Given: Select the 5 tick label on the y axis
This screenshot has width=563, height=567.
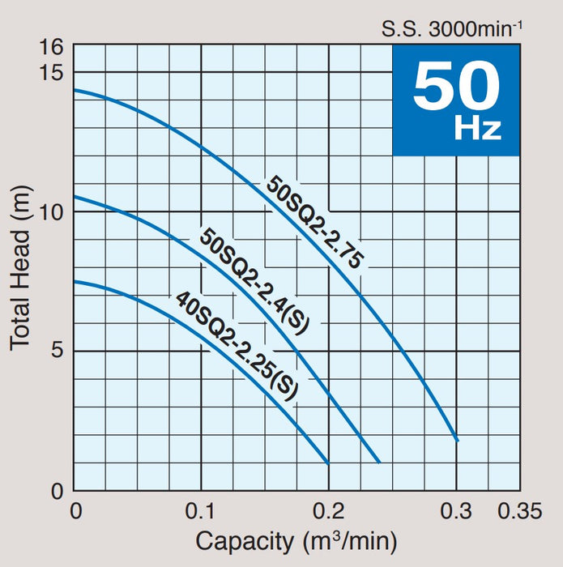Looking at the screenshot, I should click(57, 351).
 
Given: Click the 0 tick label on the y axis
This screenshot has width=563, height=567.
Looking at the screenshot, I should click(57, 491).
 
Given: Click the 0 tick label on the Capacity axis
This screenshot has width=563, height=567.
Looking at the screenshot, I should click(75, 511).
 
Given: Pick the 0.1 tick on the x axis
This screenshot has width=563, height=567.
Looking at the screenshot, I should click(201, 511).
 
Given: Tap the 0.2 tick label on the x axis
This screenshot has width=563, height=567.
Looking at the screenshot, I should click(328, 511).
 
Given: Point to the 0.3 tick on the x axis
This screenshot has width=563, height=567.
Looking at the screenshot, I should click(456, 511).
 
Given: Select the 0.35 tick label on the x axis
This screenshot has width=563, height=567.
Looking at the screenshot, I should click(518, 511).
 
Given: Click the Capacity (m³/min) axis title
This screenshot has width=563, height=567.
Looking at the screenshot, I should click(296, 540).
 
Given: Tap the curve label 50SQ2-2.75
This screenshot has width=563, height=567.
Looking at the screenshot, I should click(317, 220).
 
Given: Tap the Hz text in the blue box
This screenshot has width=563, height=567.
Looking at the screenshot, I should click(477, 129).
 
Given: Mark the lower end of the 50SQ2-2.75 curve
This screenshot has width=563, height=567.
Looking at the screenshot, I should click(457, 441).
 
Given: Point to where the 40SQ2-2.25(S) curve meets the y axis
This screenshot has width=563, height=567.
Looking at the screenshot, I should click(75, 281).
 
